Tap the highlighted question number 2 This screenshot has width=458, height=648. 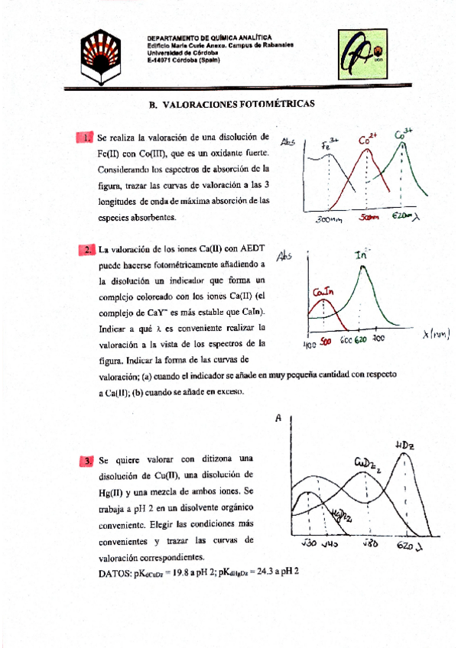(x=87, y=250)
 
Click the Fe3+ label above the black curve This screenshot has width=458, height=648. (x=330, y=144)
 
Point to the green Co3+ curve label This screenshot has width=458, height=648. (x=403, y=136)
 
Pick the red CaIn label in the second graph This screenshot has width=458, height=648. (x=322, y=293)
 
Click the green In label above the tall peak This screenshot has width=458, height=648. (x=363, y=256)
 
